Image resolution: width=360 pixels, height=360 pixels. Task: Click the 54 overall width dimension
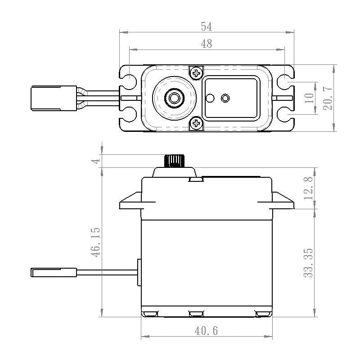206,27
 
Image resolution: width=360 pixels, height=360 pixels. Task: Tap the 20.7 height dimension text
328,98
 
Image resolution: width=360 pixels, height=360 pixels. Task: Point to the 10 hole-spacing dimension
309,98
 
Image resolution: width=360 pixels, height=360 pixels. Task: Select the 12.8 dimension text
309,188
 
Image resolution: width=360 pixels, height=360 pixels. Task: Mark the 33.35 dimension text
309,262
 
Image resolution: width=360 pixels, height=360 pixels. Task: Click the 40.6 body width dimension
207,331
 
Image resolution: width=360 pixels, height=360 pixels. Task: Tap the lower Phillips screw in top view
196,123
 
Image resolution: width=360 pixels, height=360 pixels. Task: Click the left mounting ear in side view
130,202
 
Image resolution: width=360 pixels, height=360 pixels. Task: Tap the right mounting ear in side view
283,202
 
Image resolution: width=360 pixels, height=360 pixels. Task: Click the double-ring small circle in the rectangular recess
225,98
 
